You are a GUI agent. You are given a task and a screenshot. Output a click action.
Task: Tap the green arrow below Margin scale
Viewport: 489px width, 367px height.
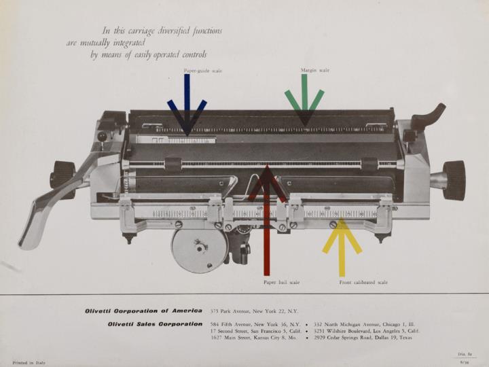click(x=304, y=101)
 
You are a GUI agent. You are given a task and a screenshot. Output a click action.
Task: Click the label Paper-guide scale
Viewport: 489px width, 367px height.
click(x=202, y=70)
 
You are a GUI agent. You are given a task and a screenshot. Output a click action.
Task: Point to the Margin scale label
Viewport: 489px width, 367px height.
click(x=315, y=70)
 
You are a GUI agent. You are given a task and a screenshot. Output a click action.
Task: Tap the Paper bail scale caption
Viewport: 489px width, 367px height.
click(x=281, y=281)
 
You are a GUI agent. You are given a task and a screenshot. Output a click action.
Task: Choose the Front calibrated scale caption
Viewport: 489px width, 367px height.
click(x=363, y=281)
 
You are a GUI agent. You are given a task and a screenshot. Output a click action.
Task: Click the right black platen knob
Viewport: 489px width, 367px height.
click(x=453, y=180)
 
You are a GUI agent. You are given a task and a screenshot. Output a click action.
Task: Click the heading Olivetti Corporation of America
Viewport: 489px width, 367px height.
click(x=143, y=311)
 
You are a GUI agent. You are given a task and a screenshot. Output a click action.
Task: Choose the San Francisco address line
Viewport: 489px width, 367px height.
click(x=255, y=331)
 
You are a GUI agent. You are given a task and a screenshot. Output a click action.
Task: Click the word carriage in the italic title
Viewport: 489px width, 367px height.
click(x=145, y=31)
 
